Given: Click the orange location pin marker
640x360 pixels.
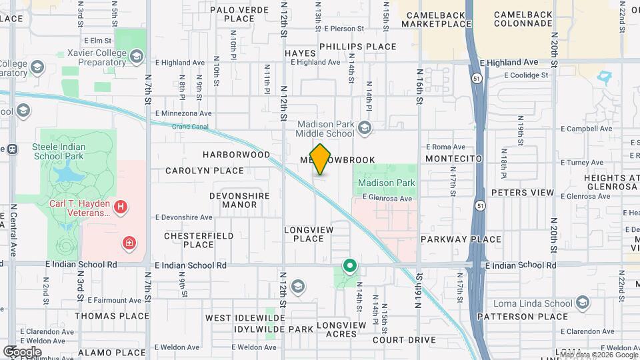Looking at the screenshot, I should [321, 159].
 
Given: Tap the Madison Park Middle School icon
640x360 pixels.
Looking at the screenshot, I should [364, 127].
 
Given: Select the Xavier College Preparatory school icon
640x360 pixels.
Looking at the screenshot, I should [137, 55].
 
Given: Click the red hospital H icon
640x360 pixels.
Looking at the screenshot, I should [120, 207].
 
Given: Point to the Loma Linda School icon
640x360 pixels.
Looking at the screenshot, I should [583, 303].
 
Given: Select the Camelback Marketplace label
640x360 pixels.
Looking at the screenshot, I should [438, 19].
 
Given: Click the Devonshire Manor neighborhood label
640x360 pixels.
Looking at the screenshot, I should [240, 200].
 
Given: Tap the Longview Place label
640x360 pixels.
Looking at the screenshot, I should [304, 234].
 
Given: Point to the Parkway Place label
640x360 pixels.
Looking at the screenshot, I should [461, 239].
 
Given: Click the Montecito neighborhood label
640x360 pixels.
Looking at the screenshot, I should [453, 159].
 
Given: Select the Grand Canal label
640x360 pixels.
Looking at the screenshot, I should [191, 126].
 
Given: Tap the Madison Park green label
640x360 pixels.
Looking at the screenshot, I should [386, 183].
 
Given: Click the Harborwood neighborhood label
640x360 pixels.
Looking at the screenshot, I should [237, 155].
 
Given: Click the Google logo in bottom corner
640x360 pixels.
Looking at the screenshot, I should [22, 351].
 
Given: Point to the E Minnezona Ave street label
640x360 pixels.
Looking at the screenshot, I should [183, 113].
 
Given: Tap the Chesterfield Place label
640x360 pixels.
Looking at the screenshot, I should [199, 240].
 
